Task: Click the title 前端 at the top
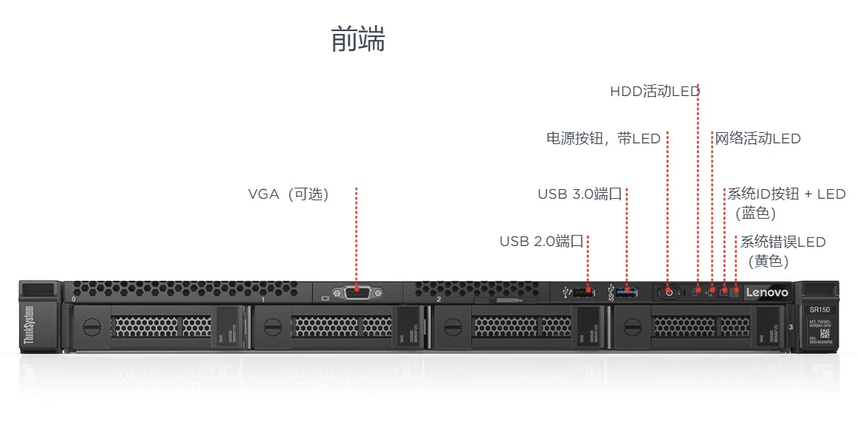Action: coord(358,39)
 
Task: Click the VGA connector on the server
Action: coord(357,293)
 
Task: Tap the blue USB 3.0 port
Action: coord(627,293)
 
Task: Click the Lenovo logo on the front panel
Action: coord(766,293)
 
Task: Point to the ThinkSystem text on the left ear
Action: coord(30,326)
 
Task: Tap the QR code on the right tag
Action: coord(826,332)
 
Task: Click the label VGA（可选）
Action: coord(288,194)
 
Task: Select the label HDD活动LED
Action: coord(654,92)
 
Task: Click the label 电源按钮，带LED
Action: coord(603,138)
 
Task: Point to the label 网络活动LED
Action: coord(758,138)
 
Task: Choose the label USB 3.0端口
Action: coord(580,194)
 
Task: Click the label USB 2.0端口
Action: coord(541,241)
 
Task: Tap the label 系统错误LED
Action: coord(783,242)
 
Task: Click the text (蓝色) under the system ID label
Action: coord(755,214)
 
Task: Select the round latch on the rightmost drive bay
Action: coord(633,325)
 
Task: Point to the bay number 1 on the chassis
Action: coord(263,299)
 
